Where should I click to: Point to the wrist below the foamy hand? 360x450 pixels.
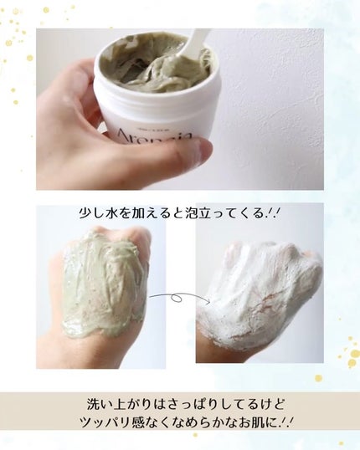222,347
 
